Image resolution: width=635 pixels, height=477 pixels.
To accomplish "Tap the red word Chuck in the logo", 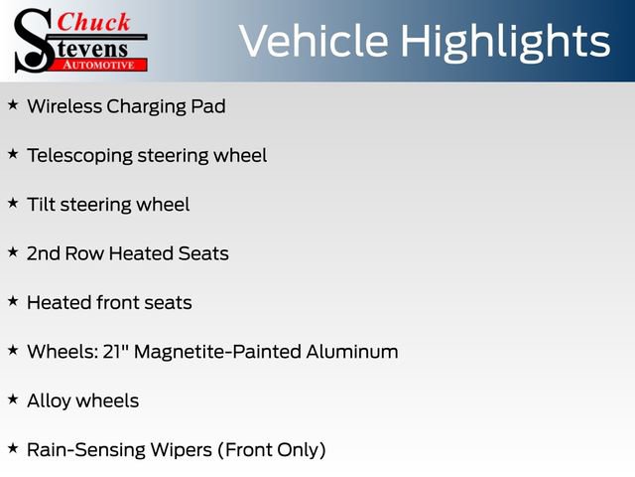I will click(x=94, y=21).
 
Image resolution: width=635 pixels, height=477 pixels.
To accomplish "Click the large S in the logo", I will click(x=31, y=40).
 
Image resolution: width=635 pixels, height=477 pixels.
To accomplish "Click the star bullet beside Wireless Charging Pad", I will click(x=13, y=104).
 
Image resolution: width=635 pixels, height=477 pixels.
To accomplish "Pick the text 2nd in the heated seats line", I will click(x=44, y=253).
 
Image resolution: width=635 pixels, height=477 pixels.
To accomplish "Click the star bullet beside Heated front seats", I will click(x=13, y=300).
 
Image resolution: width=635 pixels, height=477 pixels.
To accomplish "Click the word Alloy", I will click(x=50, y=400).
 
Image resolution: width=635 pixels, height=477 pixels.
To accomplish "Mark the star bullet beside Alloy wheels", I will click(x=13, y=398).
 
